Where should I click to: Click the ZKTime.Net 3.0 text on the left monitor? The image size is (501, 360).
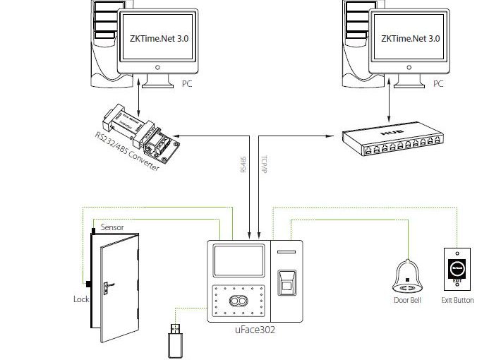159,40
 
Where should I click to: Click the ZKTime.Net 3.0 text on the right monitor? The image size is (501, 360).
410,40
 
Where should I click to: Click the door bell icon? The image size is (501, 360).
407,275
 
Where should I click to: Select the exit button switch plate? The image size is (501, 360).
457,269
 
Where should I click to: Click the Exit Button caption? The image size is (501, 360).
457,301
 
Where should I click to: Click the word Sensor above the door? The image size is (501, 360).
113,227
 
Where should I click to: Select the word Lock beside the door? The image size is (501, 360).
81,299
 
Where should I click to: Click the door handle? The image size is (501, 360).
108,286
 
